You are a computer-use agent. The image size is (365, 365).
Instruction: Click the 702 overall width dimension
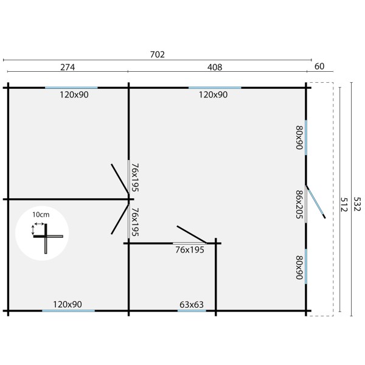(x=158, y=55)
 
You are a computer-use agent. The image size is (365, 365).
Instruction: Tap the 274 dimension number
(x=68, y=68)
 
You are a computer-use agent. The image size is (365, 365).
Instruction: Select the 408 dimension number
(x=215, y=68)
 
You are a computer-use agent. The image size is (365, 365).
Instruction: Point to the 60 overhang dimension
(x=319, y=66)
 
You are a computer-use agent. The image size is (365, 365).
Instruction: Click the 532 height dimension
(x=357, y=204)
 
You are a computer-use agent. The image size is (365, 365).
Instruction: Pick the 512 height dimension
(x=344, y=204)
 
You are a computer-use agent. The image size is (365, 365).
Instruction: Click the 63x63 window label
(x=192, y=305)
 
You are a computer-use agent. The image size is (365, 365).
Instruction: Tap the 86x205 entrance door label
(x=299, y=204)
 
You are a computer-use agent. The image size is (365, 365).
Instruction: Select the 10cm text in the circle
(x=41, y=215)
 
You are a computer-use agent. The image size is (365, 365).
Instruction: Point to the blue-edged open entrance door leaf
(x=316, y=202)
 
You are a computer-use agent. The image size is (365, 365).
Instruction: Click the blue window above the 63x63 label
(x=192, y=311)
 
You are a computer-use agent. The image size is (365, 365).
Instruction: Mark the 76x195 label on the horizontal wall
(x=190, y=250)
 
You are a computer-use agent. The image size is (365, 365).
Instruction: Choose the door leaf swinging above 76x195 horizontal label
(x=192, y=234)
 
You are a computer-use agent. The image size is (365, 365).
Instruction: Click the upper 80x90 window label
(x=299, y=137)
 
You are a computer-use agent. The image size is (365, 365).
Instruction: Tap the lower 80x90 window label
(x=299, y=267)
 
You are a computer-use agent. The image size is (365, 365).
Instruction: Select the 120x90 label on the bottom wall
(x=68, y=304)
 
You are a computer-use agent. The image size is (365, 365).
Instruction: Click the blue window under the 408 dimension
(x=215, y=88)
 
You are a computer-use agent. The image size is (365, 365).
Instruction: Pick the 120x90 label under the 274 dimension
(x=74, y=95)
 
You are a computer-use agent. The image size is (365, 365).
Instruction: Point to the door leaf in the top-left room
(x=120, y=178)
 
